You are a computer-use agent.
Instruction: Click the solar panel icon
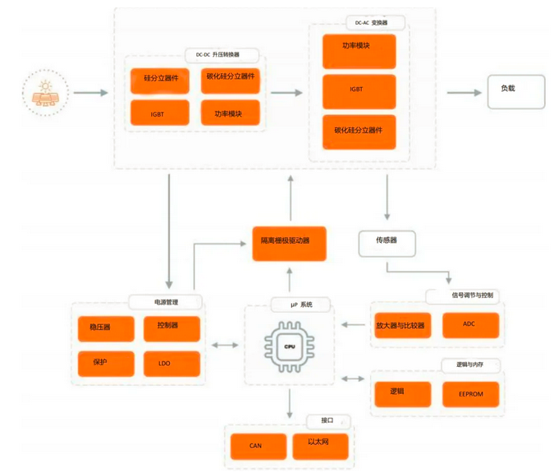46,94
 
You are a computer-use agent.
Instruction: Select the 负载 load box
516,92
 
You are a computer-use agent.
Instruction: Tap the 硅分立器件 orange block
160,81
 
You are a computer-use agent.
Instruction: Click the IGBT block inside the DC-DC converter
160,112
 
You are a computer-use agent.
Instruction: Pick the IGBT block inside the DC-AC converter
359,92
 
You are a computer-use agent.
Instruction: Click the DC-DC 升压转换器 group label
222,55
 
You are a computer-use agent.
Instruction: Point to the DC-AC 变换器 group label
375,23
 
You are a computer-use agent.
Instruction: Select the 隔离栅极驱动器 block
289,244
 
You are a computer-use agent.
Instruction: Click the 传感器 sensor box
387,244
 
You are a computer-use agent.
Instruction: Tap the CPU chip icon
290,346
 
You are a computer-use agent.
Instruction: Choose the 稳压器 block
106,329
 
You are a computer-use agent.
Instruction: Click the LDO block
172,364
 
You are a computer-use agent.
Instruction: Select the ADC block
470,325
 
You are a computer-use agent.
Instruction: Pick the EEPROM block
470,394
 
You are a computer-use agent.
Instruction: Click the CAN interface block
259,447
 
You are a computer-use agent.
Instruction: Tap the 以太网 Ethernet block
320,447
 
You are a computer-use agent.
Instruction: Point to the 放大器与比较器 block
403,325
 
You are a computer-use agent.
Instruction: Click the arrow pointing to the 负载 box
465,93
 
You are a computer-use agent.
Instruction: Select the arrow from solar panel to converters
91,93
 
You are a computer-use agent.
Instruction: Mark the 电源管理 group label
165,302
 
